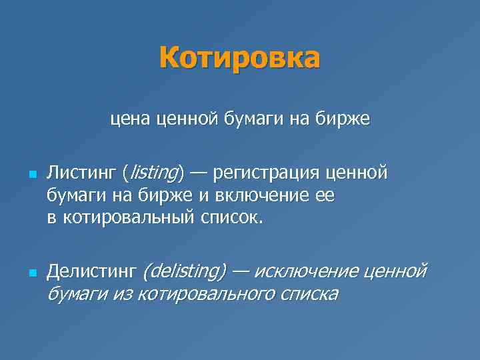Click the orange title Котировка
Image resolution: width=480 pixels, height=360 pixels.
click(239, 58)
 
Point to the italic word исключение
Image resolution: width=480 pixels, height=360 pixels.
click(304, 271)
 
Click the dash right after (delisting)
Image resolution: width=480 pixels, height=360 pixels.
click(240, 271)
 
